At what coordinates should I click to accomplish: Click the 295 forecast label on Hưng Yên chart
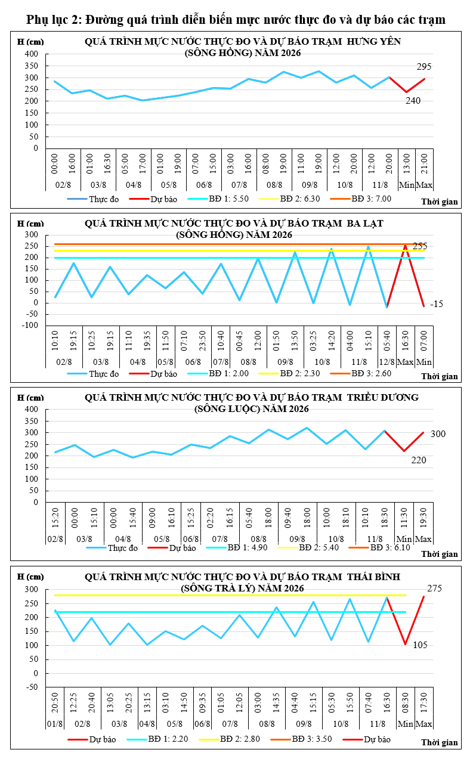coord(424,67)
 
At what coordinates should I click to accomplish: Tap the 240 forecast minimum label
coord(413,101)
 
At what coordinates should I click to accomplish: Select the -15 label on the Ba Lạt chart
coord(437,304)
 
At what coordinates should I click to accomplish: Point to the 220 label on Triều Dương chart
coord(418,460)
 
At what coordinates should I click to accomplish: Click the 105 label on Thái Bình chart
coord(420,645)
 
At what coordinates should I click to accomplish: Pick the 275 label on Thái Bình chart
coord(434,588)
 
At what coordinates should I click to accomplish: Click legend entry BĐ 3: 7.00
coord(361,199)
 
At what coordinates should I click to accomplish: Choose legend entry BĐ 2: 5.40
coord(308,547)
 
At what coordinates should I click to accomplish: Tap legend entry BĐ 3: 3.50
coord(301,739)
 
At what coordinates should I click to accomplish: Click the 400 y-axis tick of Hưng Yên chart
coord(31,54)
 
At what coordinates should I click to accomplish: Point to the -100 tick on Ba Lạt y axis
coord(30,326)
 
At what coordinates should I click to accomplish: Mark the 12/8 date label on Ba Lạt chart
coord(387,362)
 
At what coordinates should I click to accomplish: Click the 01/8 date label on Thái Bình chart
coord(55,724)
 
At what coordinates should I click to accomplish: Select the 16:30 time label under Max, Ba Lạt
coord(406,341)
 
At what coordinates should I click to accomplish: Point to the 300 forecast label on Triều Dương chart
coord(438,433)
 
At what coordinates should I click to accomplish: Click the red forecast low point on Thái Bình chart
coord(405,644)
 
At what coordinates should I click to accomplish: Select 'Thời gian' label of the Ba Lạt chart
coord(440,376)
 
